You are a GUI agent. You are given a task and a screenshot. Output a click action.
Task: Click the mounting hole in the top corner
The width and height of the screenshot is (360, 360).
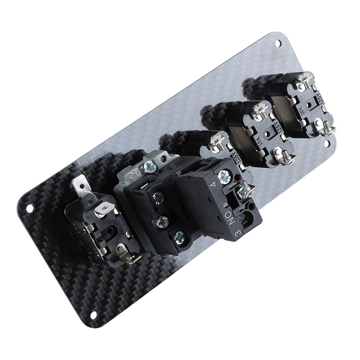278,43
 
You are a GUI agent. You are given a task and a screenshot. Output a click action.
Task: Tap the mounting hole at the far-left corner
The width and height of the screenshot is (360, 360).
29,209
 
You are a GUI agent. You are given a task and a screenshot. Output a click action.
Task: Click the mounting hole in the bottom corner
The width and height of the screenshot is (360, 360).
95,314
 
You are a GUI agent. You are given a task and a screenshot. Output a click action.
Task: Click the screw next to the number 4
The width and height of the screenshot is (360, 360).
224,177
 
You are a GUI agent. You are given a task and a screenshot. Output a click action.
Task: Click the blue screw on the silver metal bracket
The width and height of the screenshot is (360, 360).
149,167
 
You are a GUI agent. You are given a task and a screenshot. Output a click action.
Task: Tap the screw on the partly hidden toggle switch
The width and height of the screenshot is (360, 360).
217,143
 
